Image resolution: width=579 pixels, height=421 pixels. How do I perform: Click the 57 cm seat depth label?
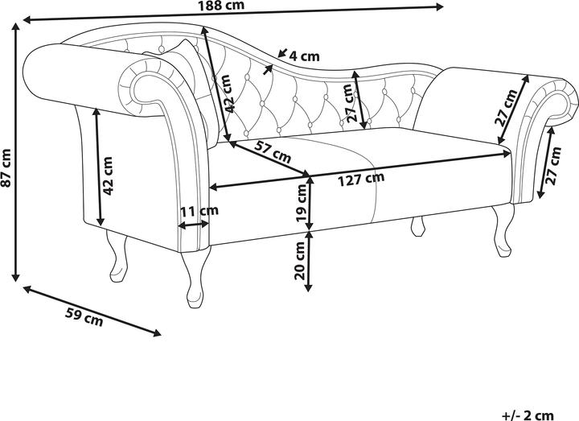coord(273,150)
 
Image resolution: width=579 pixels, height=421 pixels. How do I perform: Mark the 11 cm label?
coord(198,213)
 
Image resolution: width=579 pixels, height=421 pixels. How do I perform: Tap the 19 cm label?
coord(301,206)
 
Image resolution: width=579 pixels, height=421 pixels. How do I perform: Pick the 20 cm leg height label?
coord(301,260)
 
